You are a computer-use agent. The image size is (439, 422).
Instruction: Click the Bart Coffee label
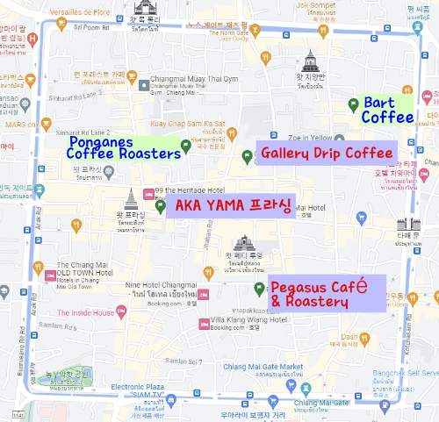tap(387, 110)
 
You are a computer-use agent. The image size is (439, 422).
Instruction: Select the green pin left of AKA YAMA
tap(161, 207)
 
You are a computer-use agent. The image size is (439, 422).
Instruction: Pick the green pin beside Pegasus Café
tap(258, 289)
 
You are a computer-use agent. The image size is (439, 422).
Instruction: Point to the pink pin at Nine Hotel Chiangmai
tap(204, 294)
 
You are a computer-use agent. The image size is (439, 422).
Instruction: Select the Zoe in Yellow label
tap(307, 138)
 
